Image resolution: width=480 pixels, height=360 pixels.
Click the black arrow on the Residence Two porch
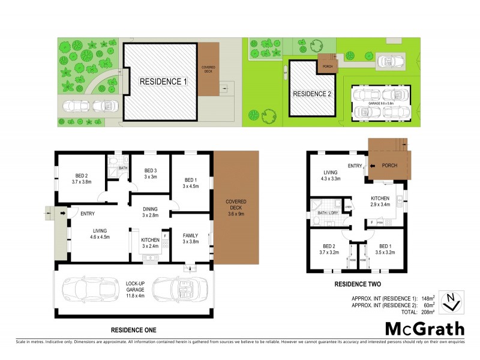(x=373, y=166)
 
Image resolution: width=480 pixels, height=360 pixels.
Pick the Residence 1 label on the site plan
(x=164, y=81)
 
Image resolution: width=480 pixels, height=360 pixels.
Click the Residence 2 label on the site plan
(x=312, y=94)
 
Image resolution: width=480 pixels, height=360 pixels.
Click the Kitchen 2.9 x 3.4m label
(x=380, y=202)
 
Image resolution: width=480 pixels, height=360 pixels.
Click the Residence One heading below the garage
(x=134, y=330)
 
